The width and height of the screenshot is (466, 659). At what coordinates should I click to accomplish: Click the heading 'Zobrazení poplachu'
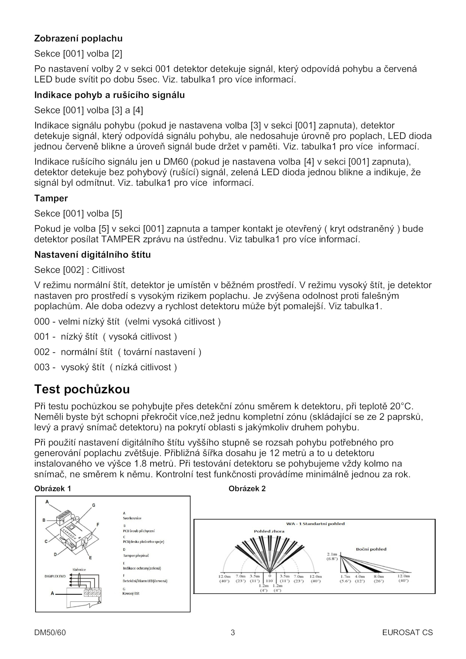78,38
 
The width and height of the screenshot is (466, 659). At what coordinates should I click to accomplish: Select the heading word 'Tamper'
51,198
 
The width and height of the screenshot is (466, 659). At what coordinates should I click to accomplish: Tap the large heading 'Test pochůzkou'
82,389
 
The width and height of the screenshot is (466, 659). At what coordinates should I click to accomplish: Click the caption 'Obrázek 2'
247,489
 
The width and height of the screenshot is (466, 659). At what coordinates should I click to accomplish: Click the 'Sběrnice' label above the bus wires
79,569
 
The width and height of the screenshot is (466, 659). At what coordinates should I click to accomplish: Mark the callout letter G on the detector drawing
94,505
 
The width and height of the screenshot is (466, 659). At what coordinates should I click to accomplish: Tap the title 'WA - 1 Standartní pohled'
315,524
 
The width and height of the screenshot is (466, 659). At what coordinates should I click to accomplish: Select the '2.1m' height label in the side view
332,554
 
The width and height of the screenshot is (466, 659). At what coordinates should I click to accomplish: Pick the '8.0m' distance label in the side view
379,576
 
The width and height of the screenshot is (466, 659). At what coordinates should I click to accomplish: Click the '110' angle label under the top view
269,581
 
